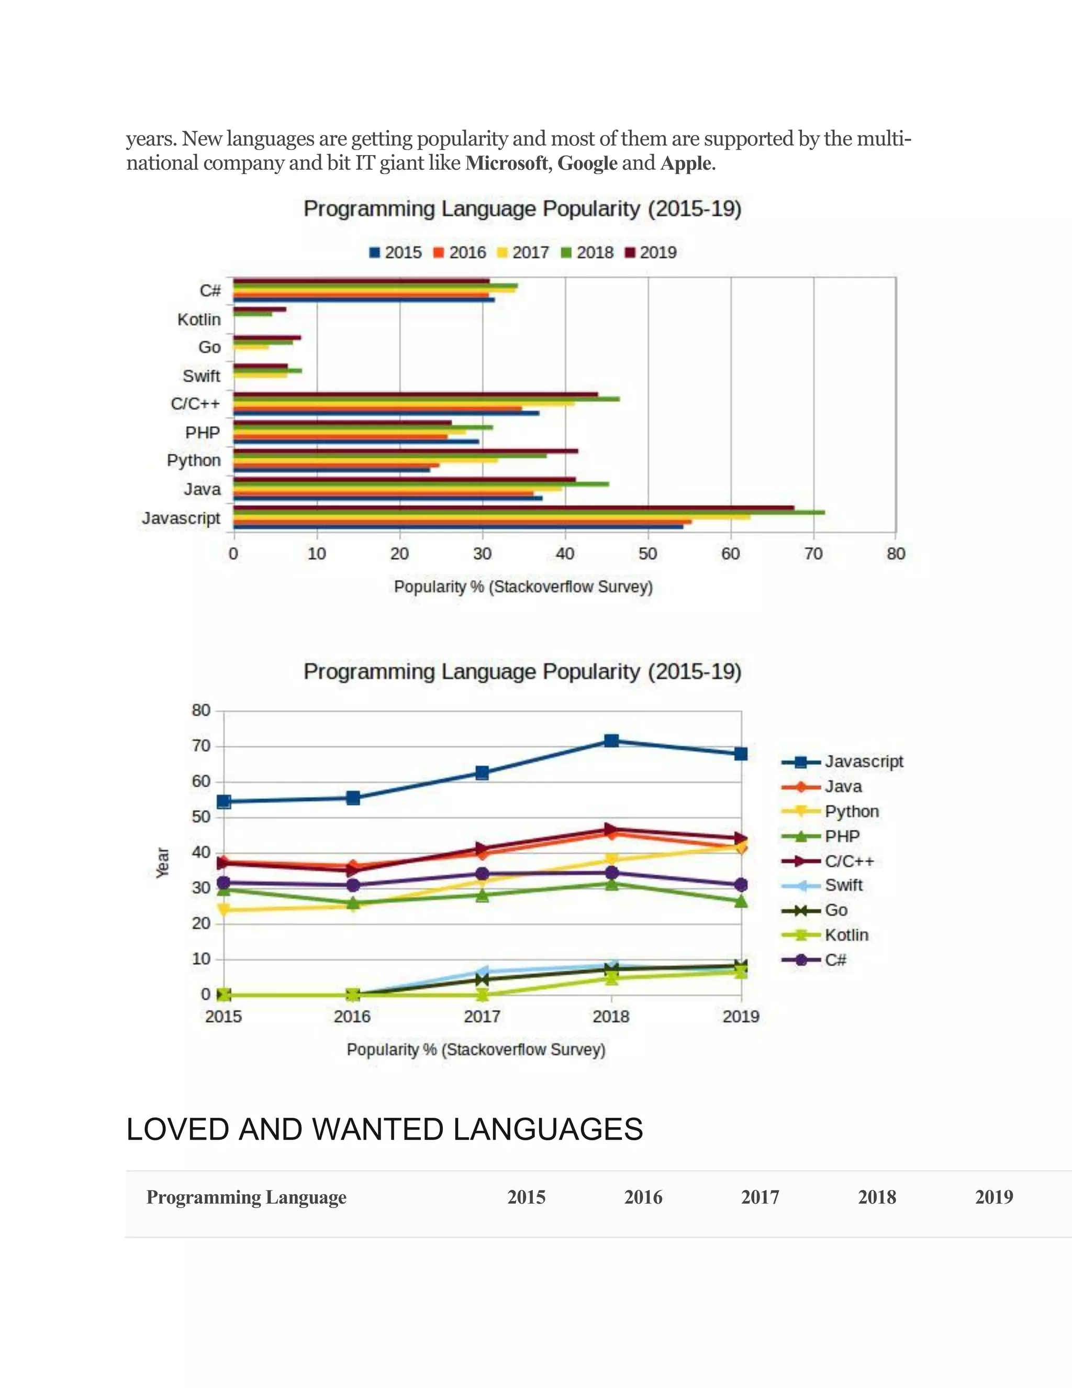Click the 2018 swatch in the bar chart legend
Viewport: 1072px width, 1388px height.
(x=566, y=253)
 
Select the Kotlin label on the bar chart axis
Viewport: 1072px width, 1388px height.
(x=199, y=319)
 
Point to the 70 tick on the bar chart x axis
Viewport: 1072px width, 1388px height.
(x=813, y=554)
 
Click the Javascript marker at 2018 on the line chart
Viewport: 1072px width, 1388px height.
(x=611, y=741)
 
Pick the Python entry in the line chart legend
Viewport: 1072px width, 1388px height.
(x=851, y=811)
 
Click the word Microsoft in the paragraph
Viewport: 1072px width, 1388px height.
(x=506, y=163)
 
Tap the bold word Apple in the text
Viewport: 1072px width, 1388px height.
(x=685, y=163)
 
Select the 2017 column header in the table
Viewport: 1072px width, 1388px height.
(x=760, y=1197)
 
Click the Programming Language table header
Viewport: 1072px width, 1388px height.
(x=247, y=1197)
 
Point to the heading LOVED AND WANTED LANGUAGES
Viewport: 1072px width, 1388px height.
(x=384, y=1129)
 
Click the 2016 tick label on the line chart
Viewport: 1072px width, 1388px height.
(x=352, y=1016)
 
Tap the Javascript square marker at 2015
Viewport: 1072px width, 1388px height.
(x=224, y=801)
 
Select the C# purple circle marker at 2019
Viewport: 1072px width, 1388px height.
(x=741, y=885)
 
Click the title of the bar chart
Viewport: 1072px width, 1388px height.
(x=522, y=208)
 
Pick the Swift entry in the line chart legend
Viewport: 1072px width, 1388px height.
(x=843, y=885)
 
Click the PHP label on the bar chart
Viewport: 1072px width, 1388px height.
(x=203, y=432)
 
